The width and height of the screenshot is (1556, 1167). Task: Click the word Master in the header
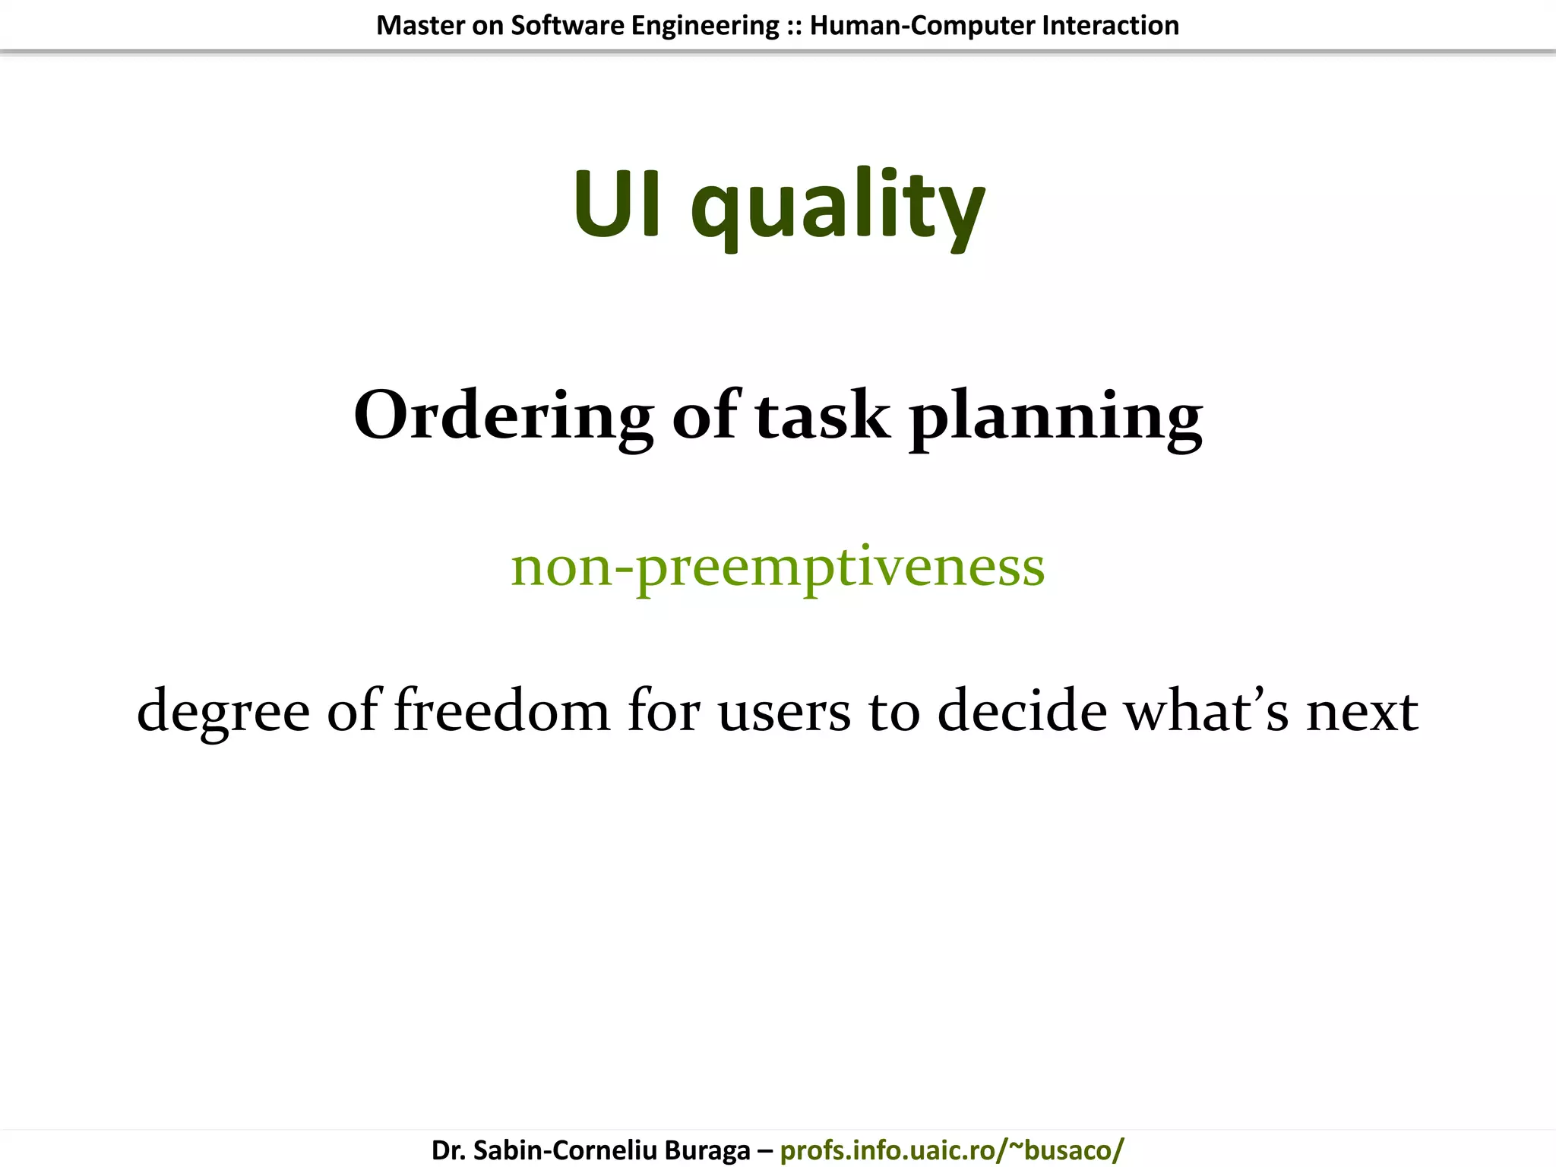[419, 26]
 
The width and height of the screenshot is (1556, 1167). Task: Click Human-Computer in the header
[922, 26]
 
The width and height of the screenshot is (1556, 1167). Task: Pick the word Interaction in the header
[1110, 26]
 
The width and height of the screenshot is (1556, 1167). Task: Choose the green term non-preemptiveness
[778, 567]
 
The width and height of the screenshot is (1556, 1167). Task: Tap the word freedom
[501, 710]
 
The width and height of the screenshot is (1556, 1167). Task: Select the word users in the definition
[783, 711]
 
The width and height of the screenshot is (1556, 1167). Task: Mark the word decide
[1022, 710]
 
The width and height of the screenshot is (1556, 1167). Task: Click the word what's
[1206, 710]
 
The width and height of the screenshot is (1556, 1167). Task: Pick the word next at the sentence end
[1361, 711]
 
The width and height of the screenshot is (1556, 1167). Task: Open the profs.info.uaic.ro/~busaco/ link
[951, 1150]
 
